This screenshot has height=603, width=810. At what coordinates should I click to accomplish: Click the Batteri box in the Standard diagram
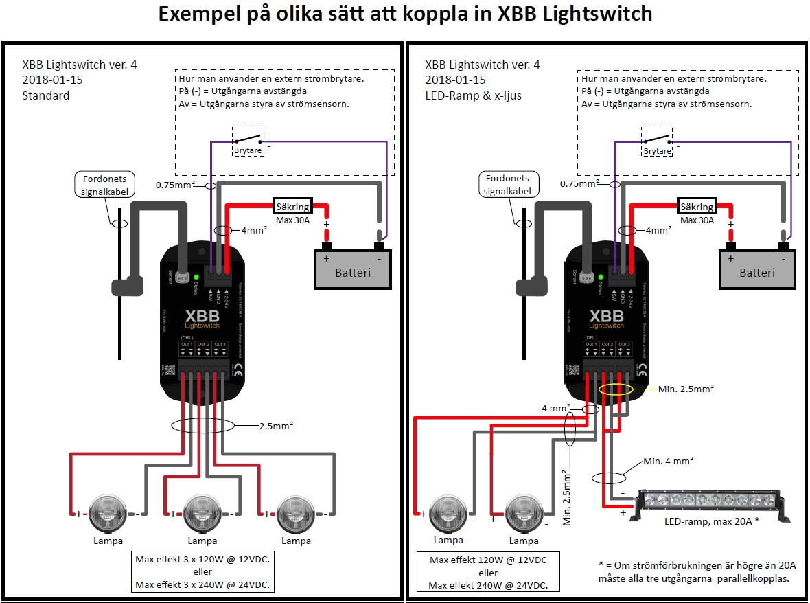pyautogui.click(x=352, y=270)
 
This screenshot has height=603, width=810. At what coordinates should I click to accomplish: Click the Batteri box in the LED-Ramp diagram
pyautogui.click(x=756, y=270)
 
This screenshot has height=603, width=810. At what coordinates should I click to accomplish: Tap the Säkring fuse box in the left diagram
pyautogui.click(x=292, y=206)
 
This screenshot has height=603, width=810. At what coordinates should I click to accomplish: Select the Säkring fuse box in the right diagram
pyautogui.click(x=696, y=206)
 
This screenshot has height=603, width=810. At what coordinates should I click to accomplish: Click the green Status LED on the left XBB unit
pyautogui.click(x=196, y=277)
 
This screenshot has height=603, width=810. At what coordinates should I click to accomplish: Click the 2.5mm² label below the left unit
pyautogui.click(x=275, y=424)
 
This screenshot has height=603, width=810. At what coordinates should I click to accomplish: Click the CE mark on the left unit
pyautogui.click(x=238, y=373)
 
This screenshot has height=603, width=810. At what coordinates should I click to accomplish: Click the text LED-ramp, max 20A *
pyautogui.click(x=711, y=521)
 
